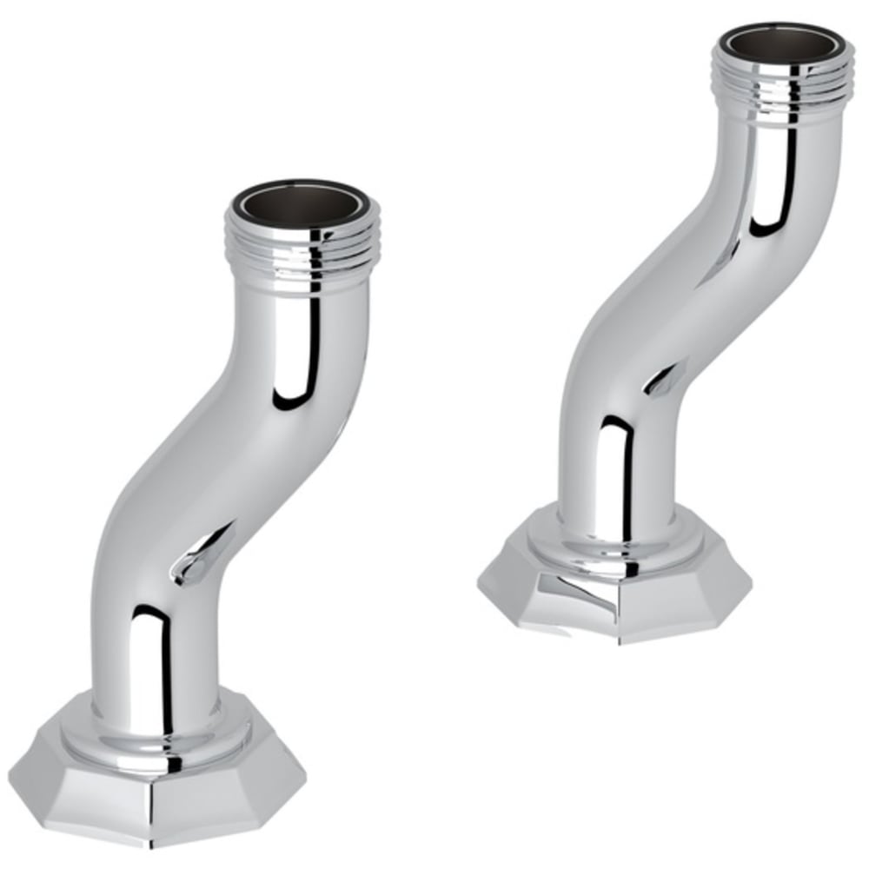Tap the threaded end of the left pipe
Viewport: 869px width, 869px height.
click(x=302, y=252)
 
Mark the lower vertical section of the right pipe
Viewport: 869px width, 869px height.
click(x=608, y=461)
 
